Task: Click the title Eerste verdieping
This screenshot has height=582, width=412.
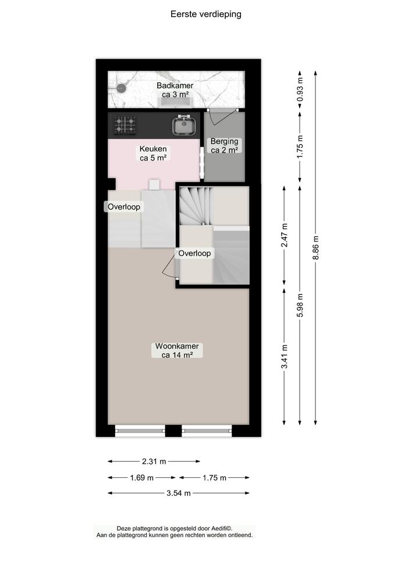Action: [x=205, y=15]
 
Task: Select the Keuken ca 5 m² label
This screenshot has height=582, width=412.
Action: [x=153, y=153]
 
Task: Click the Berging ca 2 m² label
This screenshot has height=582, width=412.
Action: [x=224, y=145]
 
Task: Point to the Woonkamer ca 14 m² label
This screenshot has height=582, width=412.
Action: [x=176, y=350]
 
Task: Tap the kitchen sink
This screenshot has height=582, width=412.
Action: [x=183, y=125]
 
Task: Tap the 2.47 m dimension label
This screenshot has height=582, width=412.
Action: [x=285, y=236]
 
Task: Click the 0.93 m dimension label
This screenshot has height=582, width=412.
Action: [x=300, y=91]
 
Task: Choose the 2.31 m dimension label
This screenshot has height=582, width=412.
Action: [x=154, y=462]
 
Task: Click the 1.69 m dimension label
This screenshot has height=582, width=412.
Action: [x=142, y=478]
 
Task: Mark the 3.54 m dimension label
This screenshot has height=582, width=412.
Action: [x=179, y=494]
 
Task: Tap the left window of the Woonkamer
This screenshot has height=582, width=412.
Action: [x=140, y=431]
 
